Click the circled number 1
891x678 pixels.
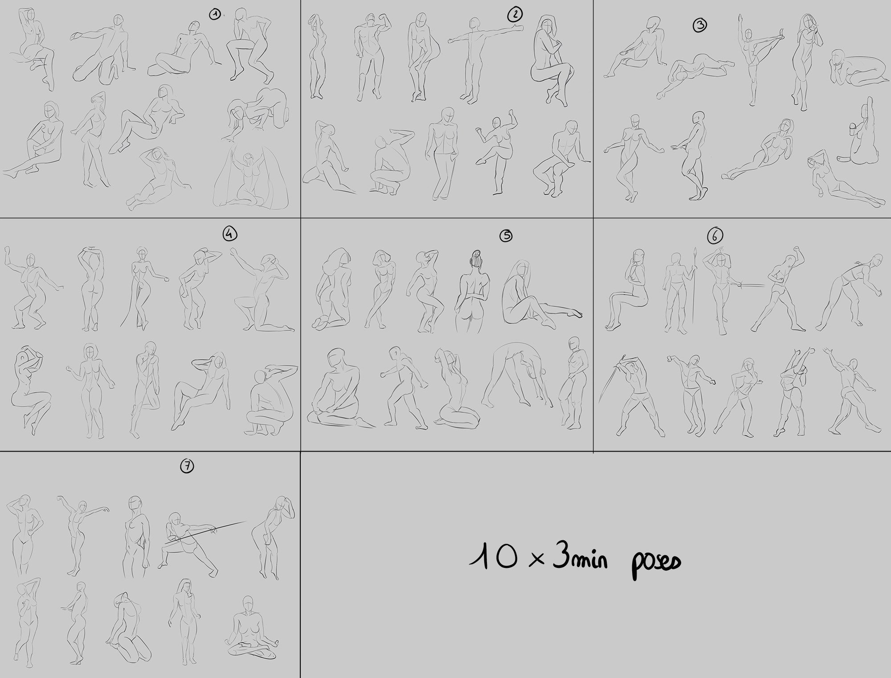[x=215, y=15]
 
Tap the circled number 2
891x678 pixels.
[x=515, y=15]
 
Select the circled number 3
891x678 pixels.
[x=699, y=25]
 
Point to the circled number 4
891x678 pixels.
[x=230, y=234]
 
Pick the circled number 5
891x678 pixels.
[x=506, y=236]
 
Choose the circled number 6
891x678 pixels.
[x=715, y=235]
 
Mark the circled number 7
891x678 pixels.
[x=187, y=466]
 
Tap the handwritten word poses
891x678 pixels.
[x=655, y=562]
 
